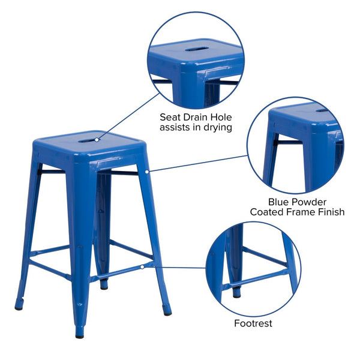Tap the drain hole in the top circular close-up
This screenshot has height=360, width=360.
[x=196, y=49]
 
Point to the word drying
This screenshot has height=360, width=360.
[x=217, y=128]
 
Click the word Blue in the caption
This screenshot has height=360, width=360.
[x=280, y=201]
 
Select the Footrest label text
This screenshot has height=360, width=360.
[x=253, y=323]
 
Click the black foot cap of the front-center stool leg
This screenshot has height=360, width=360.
[x=79, y=335]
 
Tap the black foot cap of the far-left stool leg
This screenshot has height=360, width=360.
[x=19, y=307]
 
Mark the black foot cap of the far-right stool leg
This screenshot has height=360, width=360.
[x=167, y=312]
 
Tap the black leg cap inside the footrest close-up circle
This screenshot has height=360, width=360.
[x=236, y=293]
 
